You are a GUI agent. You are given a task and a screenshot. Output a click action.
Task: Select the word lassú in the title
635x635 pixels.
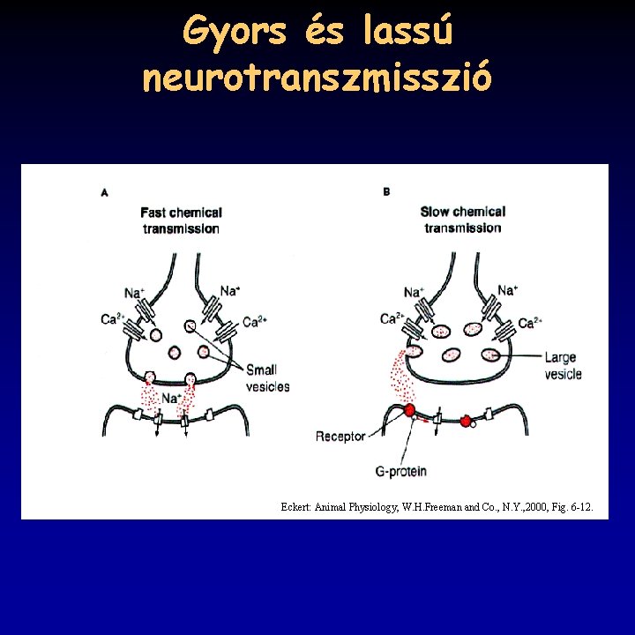(x=407, y=34)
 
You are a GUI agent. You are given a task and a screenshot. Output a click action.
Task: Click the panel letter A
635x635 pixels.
(x=106, y=191)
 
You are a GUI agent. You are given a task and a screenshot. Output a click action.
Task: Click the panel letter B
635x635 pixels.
(x=386, y=191)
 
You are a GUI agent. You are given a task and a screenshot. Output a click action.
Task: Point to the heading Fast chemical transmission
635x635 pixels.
(x=181, y=220)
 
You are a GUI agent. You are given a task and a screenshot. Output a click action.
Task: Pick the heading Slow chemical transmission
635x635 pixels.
(x=462, y=220)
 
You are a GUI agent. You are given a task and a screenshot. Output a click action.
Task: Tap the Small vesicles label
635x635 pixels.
(x=267, y=378)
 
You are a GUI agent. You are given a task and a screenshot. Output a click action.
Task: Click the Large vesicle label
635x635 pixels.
(x=563, y=365)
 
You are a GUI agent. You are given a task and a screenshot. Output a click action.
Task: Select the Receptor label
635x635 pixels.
(x=340, y=437)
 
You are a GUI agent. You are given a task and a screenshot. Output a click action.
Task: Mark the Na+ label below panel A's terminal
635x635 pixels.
(x=171, y=399)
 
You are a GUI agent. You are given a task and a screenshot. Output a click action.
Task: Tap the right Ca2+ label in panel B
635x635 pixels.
(x=530, y=323)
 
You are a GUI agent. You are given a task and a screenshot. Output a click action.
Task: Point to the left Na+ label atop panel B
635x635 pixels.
(x=413, y=292)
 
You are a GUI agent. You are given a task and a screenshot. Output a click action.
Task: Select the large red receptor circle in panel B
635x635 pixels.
(x=409, y=411)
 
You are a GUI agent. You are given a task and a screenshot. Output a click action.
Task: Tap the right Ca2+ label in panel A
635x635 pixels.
(x=255, y=322)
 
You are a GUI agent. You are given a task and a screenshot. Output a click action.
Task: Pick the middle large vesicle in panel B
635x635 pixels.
(x=451, y=355)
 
